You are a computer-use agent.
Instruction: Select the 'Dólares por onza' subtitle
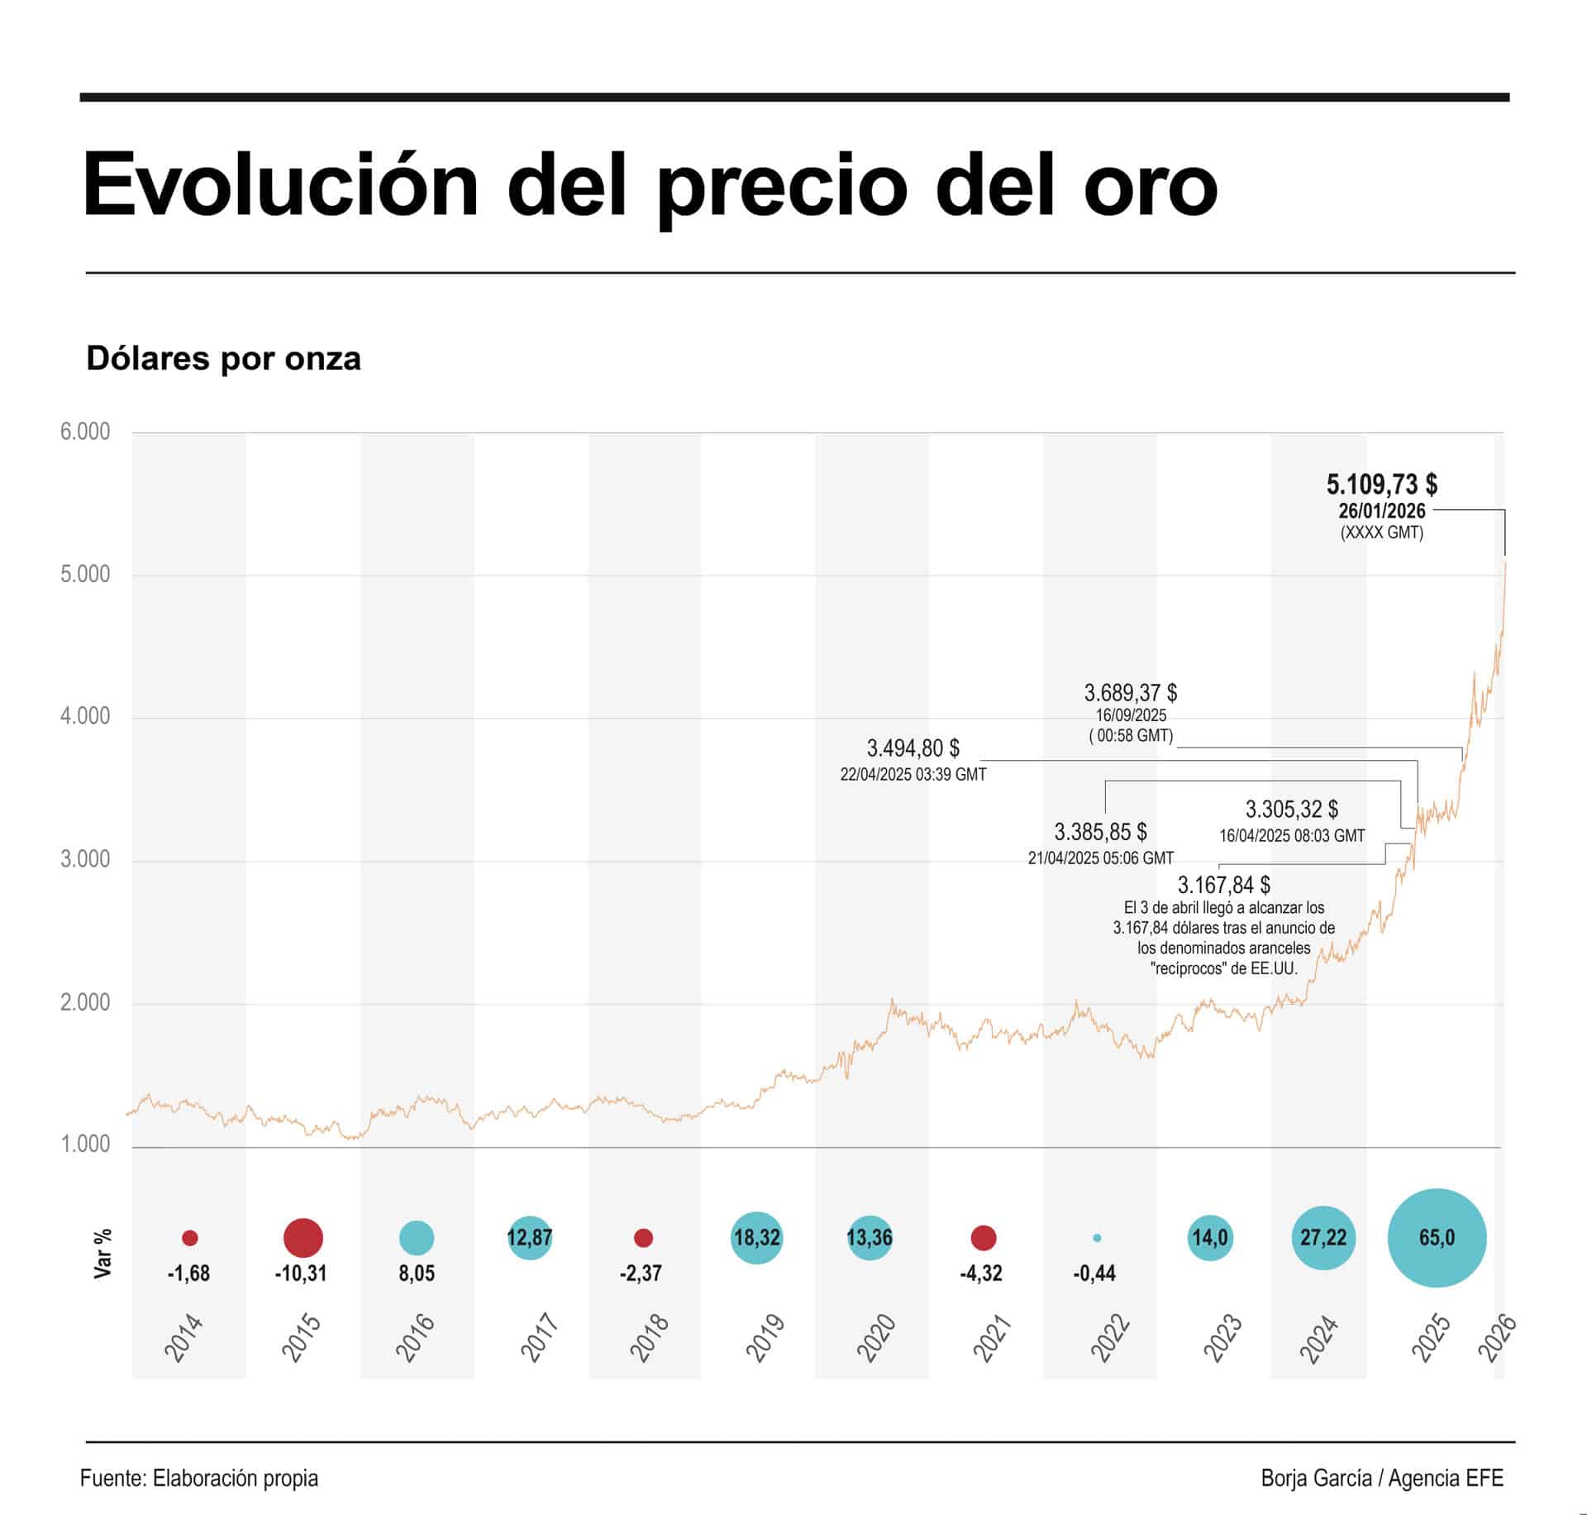223,359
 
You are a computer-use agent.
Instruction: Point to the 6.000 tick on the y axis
84,432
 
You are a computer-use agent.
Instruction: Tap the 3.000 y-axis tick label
84,859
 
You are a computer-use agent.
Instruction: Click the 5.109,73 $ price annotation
1381,484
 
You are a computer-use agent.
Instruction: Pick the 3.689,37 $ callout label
1130,692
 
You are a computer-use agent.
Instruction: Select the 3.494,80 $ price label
913,748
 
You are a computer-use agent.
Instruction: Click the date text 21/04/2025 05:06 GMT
1100,858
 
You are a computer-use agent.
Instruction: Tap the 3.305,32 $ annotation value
1291,809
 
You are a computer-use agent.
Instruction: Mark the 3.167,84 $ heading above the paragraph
1223,885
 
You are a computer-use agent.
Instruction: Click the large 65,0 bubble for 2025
1437,1238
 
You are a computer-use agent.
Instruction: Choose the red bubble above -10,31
303,1238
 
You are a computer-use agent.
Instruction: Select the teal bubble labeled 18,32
756,1238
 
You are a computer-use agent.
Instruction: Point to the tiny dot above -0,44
1097,1238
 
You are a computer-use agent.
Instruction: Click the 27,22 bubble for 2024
1322,1238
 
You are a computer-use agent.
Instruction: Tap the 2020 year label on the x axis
875,1338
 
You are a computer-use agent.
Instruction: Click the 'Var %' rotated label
102,1254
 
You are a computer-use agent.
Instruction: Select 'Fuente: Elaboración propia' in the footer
199,1478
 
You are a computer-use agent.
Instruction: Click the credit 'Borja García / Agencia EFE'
1381,1478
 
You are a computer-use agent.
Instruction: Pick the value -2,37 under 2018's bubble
641,1274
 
